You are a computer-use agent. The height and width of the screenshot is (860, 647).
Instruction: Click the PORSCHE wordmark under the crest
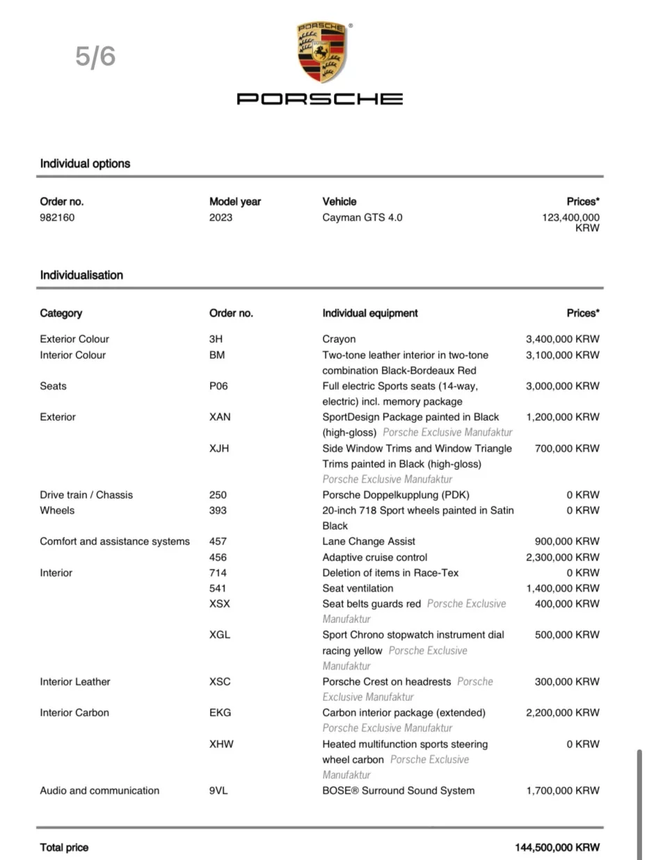pyautogui.click(x=320, y=99)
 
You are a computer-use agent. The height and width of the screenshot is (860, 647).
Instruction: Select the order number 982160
pyautogui.click(x=57, y=218)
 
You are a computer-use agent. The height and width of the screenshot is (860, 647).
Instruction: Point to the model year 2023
pyautogui.click(x=221, y=218)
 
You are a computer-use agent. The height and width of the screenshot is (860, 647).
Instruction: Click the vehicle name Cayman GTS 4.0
pyautogui.click(x=362, y=218)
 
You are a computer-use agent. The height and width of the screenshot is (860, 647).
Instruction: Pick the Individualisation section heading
pyautogui.click(x=81, y=275)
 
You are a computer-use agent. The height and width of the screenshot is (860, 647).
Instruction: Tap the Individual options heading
pyautogui.click(x=85, y=164)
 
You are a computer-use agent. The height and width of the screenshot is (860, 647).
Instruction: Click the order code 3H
pyautogui.click(x=216, y=339)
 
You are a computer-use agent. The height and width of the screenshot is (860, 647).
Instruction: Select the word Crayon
pyautogui.click(x=339, y=339)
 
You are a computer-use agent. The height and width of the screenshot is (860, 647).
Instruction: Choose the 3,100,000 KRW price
pyautogui.click(x=562, y=355)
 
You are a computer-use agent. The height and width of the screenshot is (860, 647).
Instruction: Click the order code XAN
pyautogui.click(x=220, y=417)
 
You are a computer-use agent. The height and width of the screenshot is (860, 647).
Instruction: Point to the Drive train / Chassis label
pyautogui.click(x=86, y=495)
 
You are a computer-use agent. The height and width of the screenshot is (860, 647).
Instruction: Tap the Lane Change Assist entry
pyautogui.click(x=369, y=542)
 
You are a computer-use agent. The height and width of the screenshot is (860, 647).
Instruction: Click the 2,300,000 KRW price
pyautogui.click(x=562, y=558)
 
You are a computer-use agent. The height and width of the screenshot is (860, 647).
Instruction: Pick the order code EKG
pyautogui.click(x=220, y=713)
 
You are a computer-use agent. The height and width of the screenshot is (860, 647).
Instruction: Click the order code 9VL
pyautogui.click(x=219, y=790)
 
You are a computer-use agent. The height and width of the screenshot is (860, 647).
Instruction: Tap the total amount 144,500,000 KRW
pyautogui.click(x=557, y=847)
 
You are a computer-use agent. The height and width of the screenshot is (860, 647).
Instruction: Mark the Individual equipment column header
pyautogui.click(x=370, y=314)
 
